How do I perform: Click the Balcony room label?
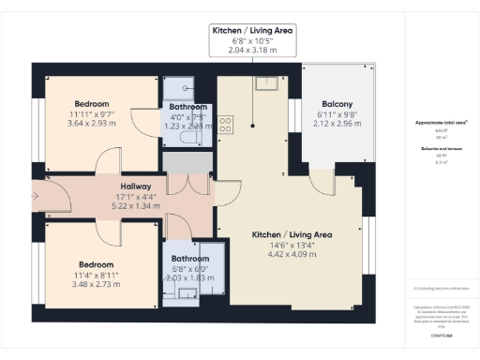point(337,104)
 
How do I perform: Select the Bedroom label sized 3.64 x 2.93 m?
point(92,103)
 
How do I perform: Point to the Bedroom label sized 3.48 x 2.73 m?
point(97,264)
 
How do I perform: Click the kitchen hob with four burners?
point(226,122)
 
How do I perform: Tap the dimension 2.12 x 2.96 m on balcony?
point(337,124)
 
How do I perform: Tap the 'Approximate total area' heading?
point(441,123)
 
